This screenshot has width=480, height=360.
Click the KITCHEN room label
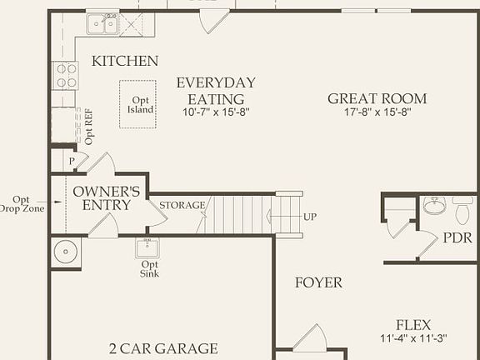pyautogui.click(x=125, y=61)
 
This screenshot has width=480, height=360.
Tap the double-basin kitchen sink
pyautogui.click(x=101, y=25)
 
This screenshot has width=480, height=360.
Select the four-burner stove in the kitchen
pyautogui.click(x=65, y=76)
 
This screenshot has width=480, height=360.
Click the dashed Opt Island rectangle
pyautogui.click(x=137, y=104)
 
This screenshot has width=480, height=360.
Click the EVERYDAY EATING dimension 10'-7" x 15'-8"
pyautogui.click(x=216, y=111)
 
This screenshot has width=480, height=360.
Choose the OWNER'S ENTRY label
pyautogui.click(x=107, y=198)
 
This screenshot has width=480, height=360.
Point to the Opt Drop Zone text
pyautogui.click(x=22, y=204)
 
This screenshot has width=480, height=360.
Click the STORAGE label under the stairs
pyautogui.click(x=182, y=205)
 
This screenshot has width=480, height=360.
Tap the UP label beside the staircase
pyautogui.click(x=309, y=217)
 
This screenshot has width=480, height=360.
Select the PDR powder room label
pyautogui.click(x=457, y=237)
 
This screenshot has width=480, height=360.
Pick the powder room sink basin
pyautogui.click(x=434, y=206)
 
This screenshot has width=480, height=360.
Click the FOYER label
pyautogui.click(x=318, y=282)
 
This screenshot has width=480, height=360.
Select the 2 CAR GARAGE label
pyautogui.click(x=163, y=348)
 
